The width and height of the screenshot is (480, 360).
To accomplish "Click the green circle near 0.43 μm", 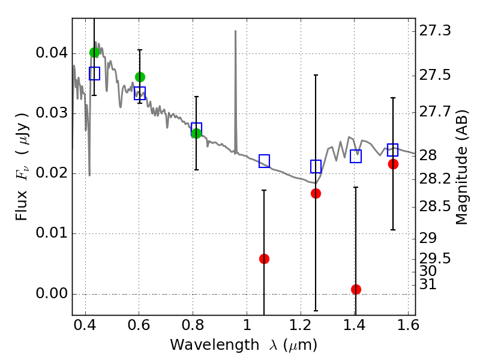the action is click(95, 52).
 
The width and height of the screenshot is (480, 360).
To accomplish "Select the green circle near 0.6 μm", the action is click(140, 77).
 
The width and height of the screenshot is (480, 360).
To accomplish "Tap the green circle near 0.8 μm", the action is click(197, 133).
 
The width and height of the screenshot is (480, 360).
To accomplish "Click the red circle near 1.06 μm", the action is click(264, 259).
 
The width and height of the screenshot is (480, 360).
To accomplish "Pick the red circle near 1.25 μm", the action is click(316, 193).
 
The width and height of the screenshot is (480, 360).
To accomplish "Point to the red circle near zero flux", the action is click(356, 289).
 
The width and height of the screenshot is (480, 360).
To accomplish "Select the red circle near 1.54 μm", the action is click(394, 164).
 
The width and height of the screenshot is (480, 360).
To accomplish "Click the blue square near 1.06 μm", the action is click(264, 161).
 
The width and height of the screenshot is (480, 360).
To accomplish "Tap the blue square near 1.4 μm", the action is click(356, 156).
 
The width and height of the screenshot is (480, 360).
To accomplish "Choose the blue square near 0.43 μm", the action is click(95, 73).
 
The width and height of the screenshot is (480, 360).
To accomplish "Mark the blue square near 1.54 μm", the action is click(393, 149).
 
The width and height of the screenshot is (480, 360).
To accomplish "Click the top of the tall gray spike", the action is click(235, 31).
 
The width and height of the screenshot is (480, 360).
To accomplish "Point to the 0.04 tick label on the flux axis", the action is click(52, 53).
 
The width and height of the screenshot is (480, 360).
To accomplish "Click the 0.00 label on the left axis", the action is click(52, 293).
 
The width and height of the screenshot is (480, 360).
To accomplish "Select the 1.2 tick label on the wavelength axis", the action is click(301, 325).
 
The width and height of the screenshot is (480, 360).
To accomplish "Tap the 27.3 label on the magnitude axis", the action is click(434, 31).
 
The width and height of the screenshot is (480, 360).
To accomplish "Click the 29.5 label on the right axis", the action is click(434, 259).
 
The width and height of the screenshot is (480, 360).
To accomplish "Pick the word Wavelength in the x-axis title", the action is click(215, 345).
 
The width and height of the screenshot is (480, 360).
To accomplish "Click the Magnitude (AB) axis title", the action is click(461, 167).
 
